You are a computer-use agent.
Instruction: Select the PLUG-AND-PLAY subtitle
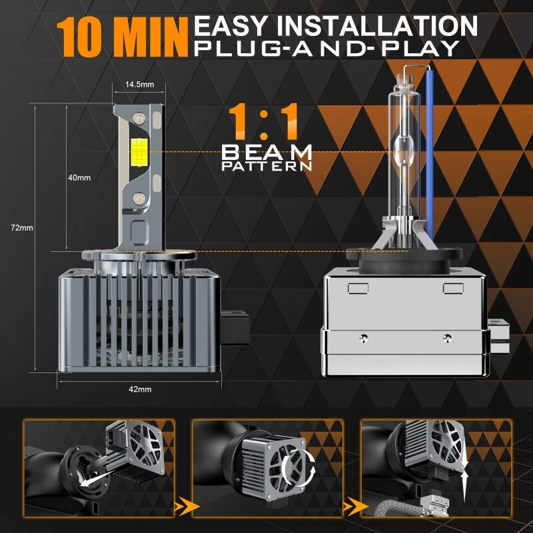pyautogui.click(x=326, y=48)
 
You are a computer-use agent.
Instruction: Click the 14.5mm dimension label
pyautogui.click(x=139, y=84)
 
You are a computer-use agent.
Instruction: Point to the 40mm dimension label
pyautogui.click(x=79, y=177)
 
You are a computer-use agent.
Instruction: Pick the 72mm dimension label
pyautogui.click(x=22, y=228)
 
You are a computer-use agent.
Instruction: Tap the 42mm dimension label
pyautogui.click(x=141, y=388)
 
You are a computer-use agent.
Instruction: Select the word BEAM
pyautogui.click(x=267, y=152)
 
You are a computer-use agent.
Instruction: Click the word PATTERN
pyautogui.click(x=267, y=166)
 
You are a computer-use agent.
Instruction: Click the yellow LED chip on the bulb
pyautogui.click(x=141, y=152)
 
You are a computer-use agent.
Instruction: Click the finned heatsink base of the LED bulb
pyautogui.click(x=137, y=313)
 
